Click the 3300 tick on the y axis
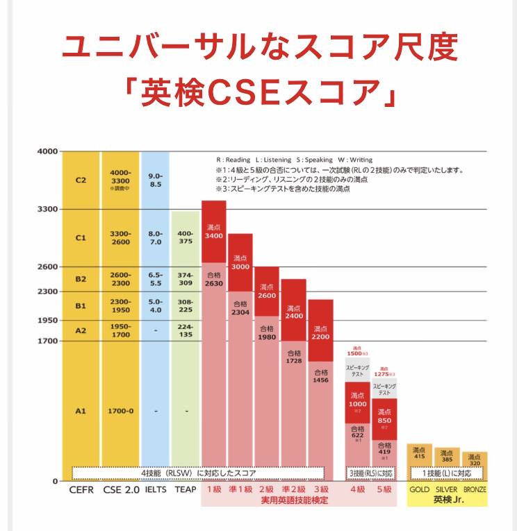pyautogui.click(x=48, y=209)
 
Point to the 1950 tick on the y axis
pyautogui.click(x=48, y=320)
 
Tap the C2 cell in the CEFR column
pyautogui.click(x=81, y=179)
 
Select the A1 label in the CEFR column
pyautogui.click(x=81, y=411)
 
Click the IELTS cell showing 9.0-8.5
pyautogui.click(x=156, y=179)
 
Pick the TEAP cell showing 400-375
pyautogui.click(x=186, y=237)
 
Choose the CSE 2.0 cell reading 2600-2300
pyautogui.click(x=120, y=279)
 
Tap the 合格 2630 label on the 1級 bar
pyautogui.click(x=214, y=279)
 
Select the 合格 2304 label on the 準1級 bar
pyautogui.click(x=240, y=308)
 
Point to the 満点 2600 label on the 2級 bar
pyautogui.click(x=267, y=290)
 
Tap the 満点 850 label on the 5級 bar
pyautogui.click(x=384, y=416)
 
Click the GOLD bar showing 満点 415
pyautogui.click(x=419, y=453)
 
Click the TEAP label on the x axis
pyautogui.click(x=186, y=489)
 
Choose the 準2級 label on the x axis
pyautogui.click(x=293, y=489)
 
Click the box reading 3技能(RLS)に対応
pyautogui.click(x=371, y=473)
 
